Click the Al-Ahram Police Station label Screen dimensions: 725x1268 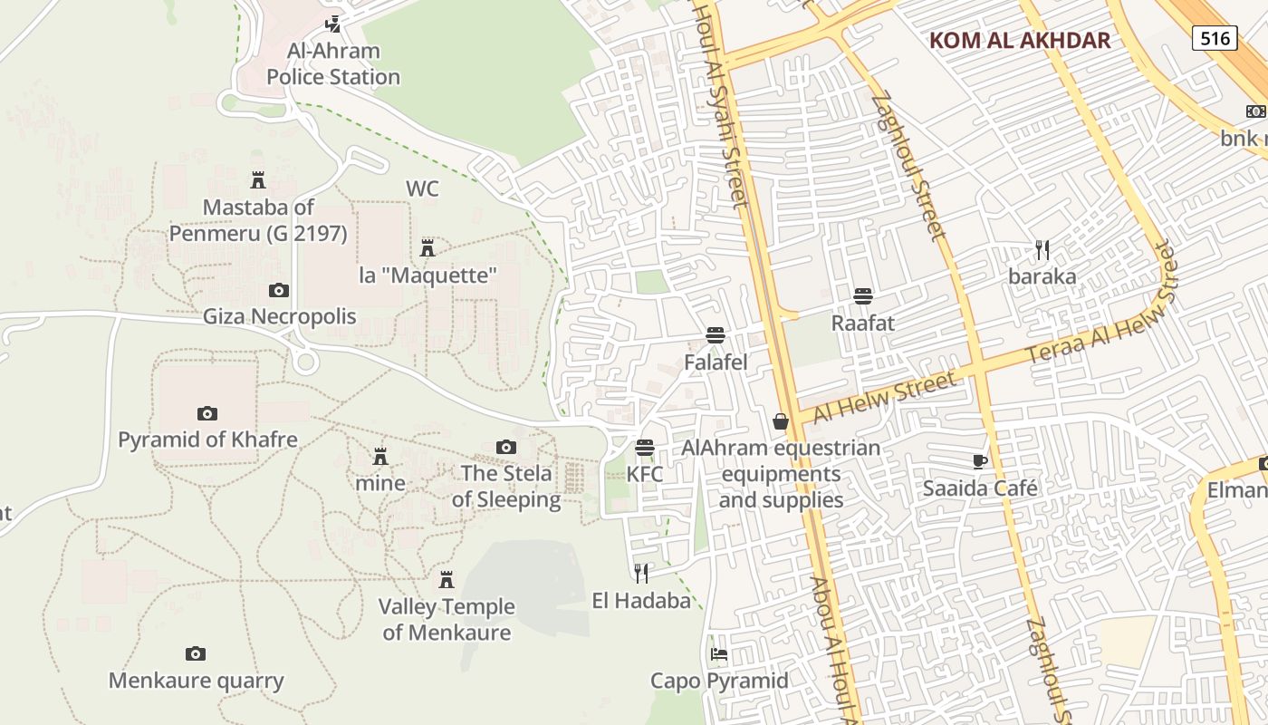tap(333, 63)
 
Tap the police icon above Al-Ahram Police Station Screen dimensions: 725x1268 tap(333, 24)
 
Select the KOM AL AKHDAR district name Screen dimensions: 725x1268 tap(1020, 40)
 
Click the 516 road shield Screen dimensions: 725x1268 tap(1215, 38)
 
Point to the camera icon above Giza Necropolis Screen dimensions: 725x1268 tap(279, 291)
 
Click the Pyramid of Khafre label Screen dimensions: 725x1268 tap(207, 440)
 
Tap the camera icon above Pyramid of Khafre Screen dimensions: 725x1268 tap(207, 414)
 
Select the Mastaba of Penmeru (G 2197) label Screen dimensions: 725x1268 tap(258, 220)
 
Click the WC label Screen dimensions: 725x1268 tap(422, 188)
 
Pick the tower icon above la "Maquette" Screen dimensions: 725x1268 tap(427, 247)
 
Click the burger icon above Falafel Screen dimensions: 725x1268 tap(716, 335)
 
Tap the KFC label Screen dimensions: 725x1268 tap(645, 474)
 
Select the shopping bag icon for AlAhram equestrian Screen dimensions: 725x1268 tap(781, 421)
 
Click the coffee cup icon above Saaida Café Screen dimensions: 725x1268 tap(980, 461)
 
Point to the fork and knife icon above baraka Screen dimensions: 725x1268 tap(1042, 249)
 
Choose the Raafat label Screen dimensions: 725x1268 tap(863, 323)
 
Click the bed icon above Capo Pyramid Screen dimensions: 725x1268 tap(719, 653)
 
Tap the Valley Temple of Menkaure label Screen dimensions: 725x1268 tap(447, 619)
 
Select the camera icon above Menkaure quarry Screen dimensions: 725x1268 tap(196, 654)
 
